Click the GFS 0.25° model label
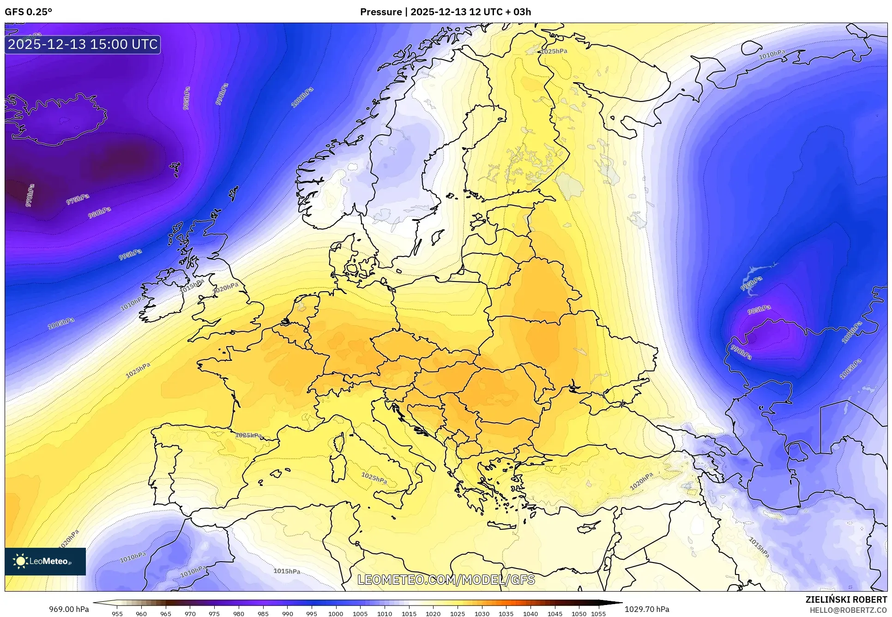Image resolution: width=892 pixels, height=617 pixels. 28,12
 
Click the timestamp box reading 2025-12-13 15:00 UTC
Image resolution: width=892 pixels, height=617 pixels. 83,44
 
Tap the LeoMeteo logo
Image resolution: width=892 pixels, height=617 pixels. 45,561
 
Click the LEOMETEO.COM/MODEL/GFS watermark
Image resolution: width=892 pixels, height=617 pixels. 446,580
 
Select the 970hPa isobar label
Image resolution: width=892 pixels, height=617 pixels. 30,195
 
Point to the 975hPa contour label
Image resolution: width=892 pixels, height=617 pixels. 78,199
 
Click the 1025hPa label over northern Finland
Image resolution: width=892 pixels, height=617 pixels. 554,51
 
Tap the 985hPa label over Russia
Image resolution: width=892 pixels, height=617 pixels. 759,309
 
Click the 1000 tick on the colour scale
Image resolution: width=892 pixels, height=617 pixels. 336,614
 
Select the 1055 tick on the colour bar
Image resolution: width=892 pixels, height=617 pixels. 598,614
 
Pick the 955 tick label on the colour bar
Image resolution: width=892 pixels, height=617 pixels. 117,614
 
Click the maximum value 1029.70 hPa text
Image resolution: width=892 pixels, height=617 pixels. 646,609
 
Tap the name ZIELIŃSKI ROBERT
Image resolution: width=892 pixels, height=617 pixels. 846,599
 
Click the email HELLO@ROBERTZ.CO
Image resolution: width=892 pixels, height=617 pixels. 848,610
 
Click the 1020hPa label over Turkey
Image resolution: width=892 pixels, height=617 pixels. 641,481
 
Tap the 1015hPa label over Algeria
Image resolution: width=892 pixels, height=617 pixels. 287,571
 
